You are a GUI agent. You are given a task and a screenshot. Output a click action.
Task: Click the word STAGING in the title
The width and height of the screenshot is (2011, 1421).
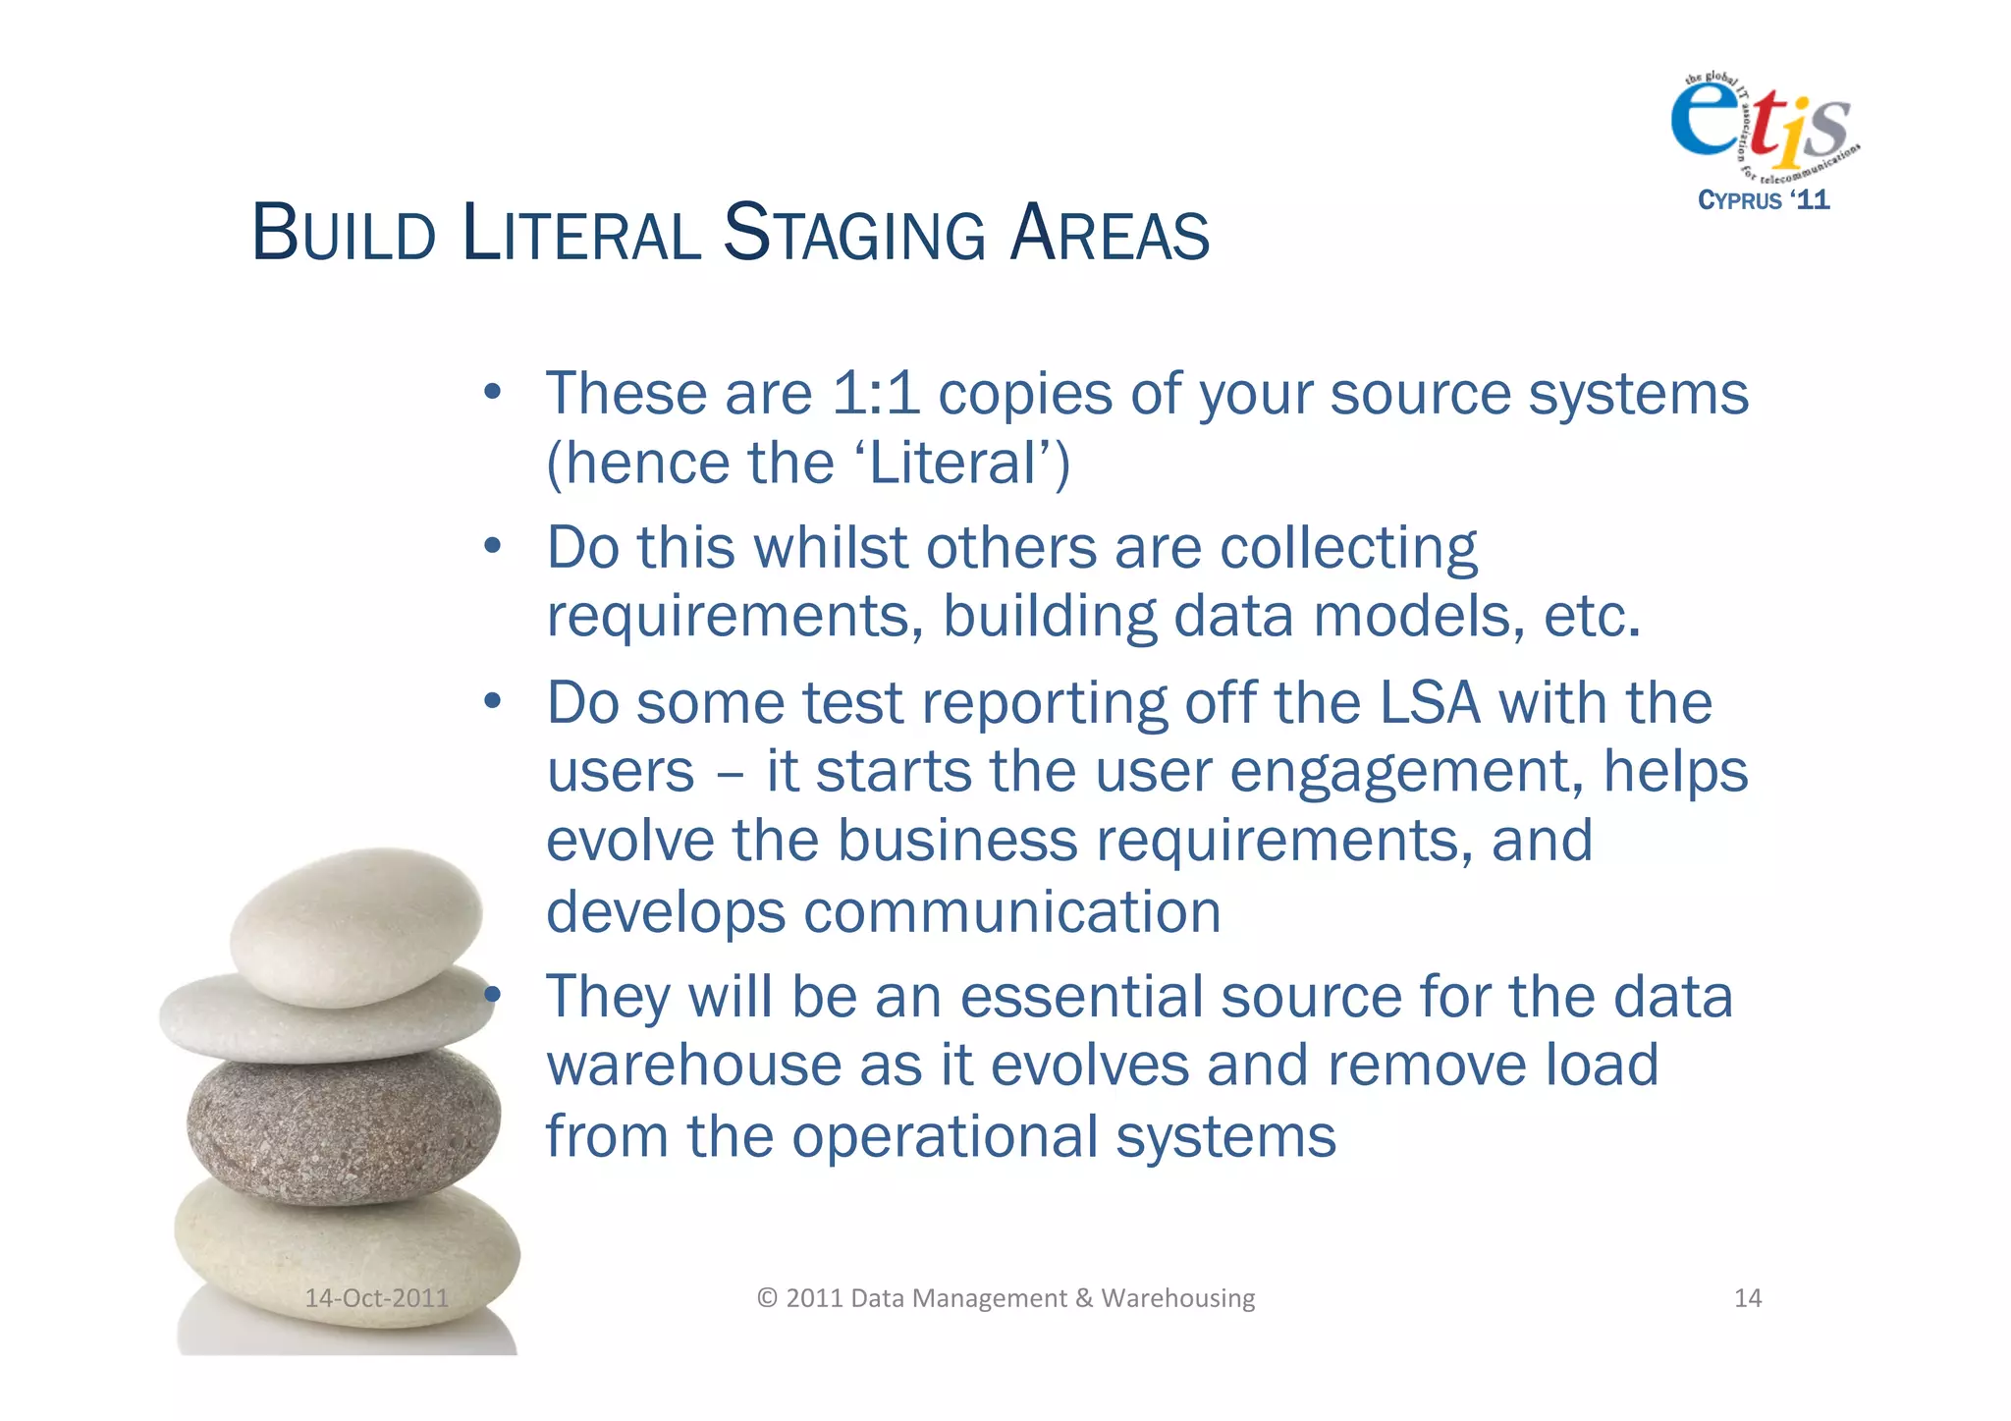(x=854, y=234)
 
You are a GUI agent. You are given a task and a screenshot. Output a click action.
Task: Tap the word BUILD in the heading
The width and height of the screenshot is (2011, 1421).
(x=344, y=234)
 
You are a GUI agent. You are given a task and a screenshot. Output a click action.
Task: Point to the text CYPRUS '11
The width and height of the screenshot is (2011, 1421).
(x=1764, y=200)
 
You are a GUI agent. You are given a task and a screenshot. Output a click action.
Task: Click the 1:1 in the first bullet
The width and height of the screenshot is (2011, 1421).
(x=875, y=394)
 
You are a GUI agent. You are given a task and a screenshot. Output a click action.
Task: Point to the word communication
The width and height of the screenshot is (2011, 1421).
(x=1012, y=911)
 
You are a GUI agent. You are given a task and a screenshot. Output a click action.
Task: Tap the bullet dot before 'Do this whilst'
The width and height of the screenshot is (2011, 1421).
(x=493, y=546)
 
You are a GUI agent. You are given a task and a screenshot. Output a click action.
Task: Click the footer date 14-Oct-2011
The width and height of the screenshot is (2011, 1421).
(x=376, y=1298)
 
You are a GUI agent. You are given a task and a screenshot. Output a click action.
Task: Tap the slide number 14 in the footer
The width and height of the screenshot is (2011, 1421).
(x=1748, y=1298)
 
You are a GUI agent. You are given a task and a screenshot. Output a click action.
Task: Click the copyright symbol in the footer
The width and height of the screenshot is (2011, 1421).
(x=767, y=1298)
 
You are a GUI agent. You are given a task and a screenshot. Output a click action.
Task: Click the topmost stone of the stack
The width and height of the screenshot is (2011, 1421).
(x=355, y=923)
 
